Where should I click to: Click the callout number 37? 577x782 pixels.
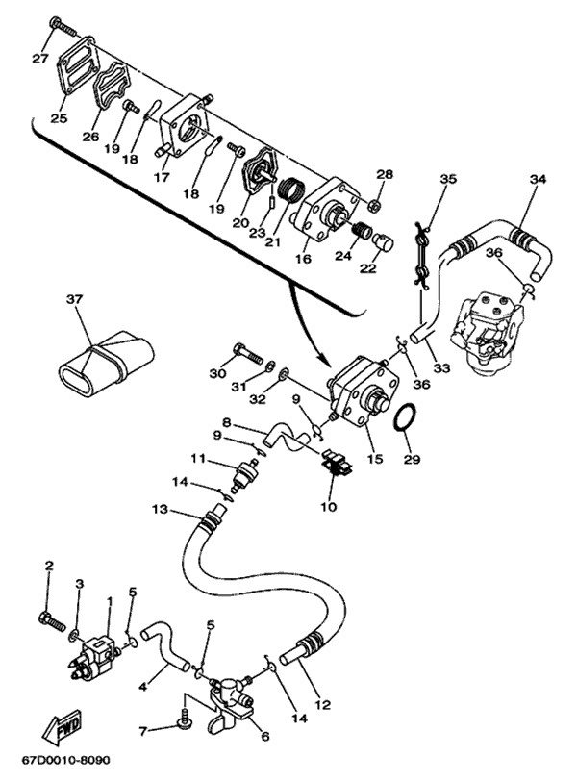[x=74, y=301]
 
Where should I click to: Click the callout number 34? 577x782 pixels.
[x=538, y=179]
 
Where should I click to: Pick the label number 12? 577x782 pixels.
[x=321, y=705]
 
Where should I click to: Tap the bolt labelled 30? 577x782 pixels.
[x=244, y=352]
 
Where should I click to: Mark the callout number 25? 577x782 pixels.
[x=59, y=119]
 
